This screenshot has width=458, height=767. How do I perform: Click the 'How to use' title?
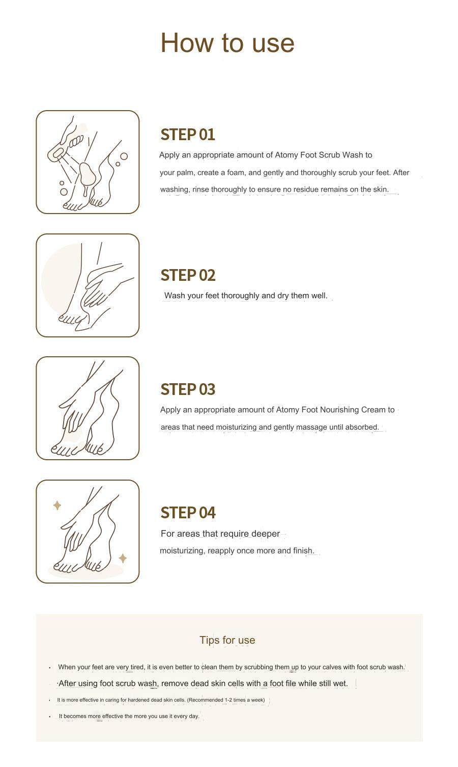click(227, 43)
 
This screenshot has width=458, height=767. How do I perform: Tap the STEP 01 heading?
click(188, 135)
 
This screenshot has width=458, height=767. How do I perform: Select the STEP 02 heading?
click(188, 275)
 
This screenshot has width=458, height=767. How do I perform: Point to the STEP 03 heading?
click(188, 389)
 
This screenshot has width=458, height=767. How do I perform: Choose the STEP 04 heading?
click(188, 513)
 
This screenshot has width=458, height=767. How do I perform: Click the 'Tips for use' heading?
click(227, 640)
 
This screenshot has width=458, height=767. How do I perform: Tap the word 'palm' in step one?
click(185, 173)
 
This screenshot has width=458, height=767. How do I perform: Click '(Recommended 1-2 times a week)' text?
click(226, 700)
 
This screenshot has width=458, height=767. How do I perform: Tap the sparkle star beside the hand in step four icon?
click(57, 505)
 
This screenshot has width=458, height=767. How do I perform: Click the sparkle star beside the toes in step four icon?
click(123, 558)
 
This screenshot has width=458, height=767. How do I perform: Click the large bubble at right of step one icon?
click(124, 156)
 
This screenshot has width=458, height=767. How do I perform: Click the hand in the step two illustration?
click(102, 284)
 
